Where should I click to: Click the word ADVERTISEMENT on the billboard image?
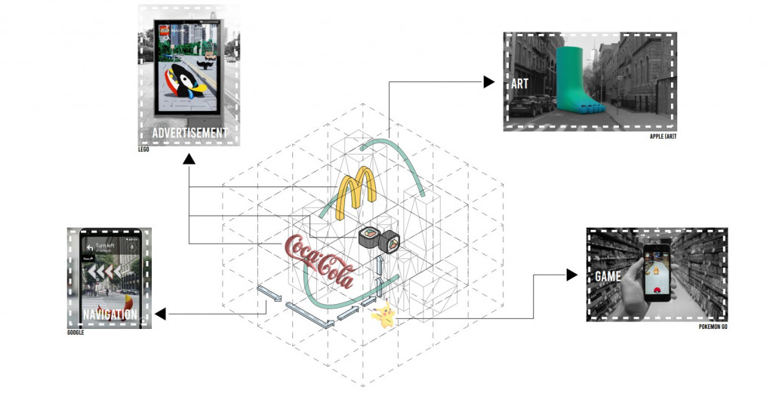(189, 134)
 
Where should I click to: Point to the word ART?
(519, 84)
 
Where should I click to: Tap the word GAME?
(608, 277)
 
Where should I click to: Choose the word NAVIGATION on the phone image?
(110, 315)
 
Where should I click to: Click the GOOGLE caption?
(75, 332)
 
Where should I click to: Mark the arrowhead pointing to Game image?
(571, 275)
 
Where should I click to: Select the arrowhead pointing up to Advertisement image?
(189, 159)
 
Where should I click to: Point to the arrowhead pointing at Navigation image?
(161, 313)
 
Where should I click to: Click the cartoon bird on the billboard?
(183, 86)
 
